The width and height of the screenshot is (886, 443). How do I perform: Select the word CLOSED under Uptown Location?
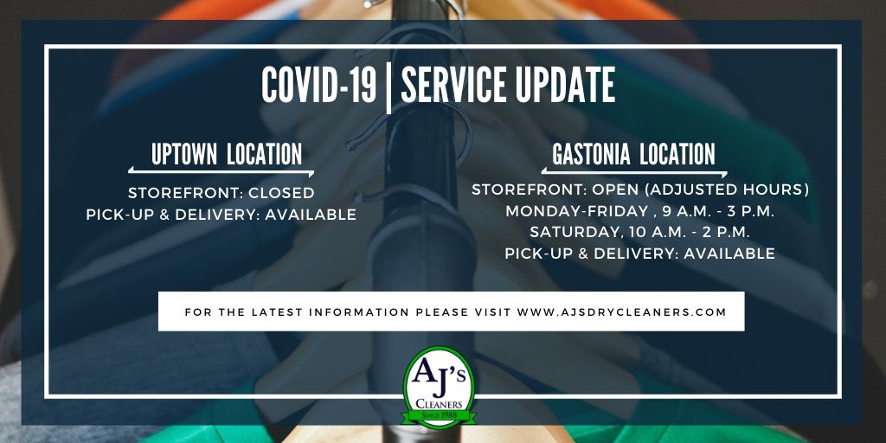click(283, 193)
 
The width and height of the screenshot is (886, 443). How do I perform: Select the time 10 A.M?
click(645, 232)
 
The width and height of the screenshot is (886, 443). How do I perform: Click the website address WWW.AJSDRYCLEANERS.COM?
click(621, 311)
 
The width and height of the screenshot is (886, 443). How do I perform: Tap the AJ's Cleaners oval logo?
click(440, 387)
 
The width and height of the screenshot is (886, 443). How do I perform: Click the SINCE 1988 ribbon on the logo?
click(440, 416)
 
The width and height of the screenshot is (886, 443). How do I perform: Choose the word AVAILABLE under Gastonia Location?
click(729, 254)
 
